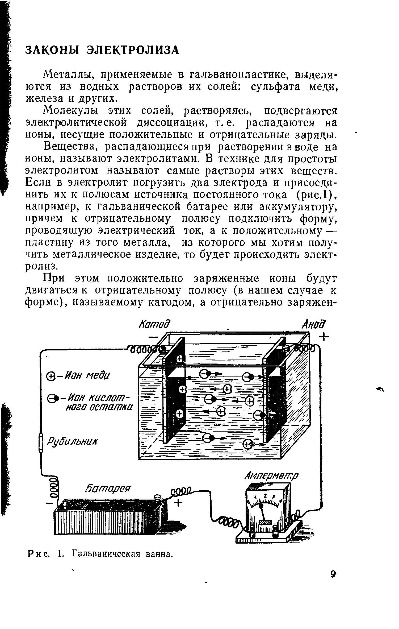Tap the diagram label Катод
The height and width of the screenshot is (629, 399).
(154, 324)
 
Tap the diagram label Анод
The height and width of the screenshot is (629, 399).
(314, 324)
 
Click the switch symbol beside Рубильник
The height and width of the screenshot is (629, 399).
(41, 442)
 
